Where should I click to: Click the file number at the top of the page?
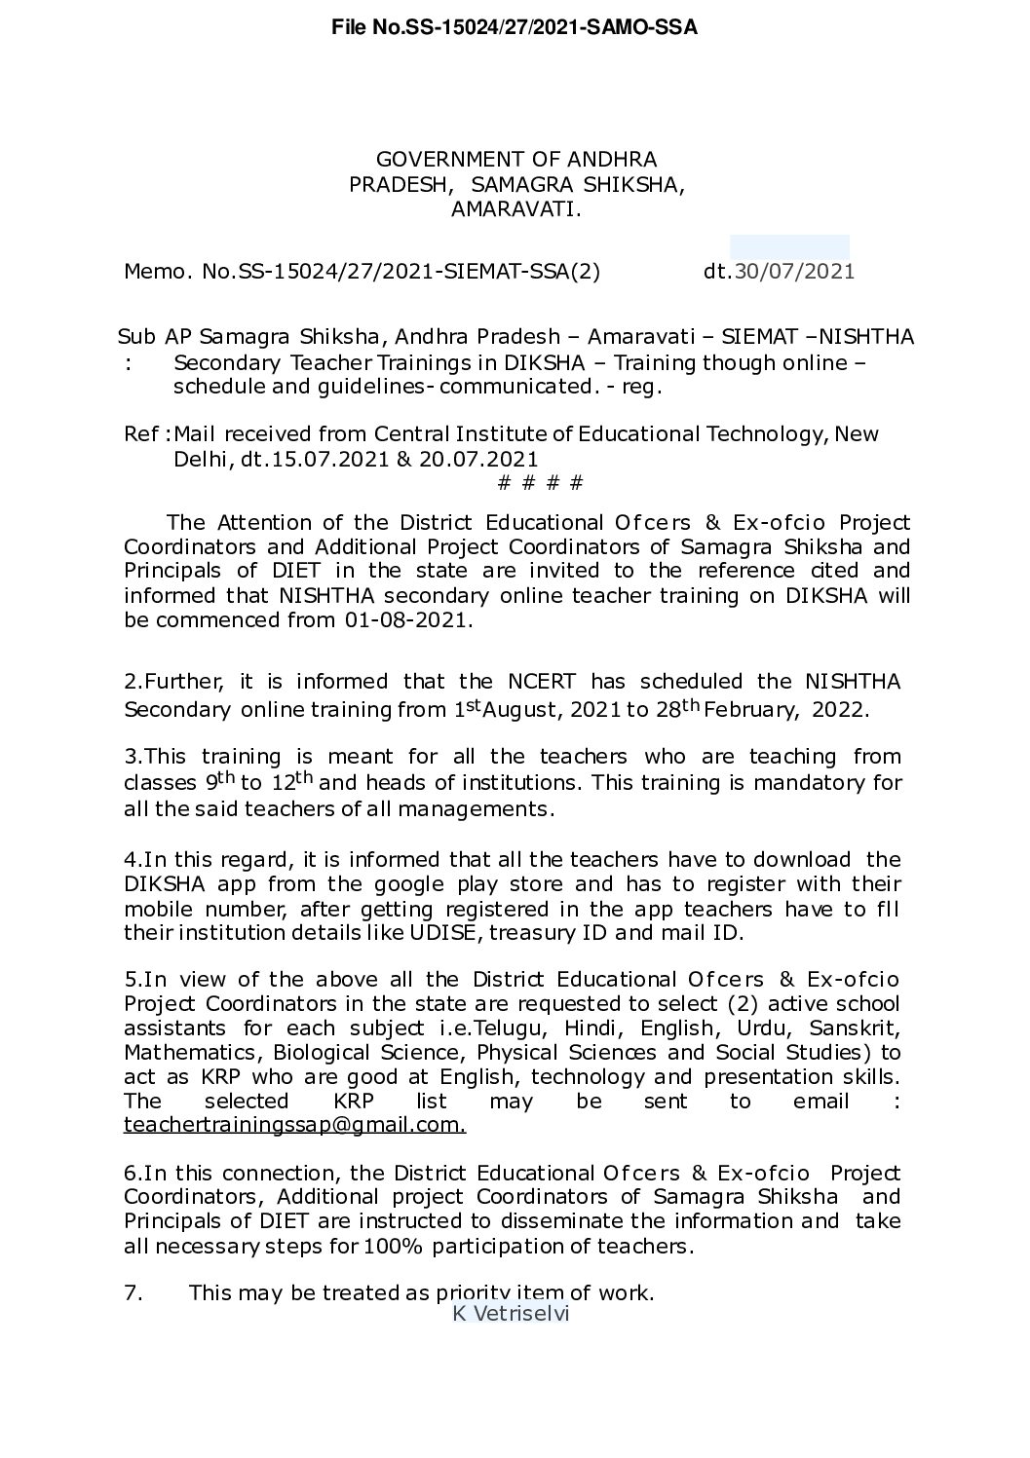515,28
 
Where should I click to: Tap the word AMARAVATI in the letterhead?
515,208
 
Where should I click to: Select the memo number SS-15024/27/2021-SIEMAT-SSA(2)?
414,271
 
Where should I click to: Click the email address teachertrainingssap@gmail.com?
294,1126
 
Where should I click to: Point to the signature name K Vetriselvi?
510,1314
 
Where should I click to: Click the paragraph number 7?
134,1293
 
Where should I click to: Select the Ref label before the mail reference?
143,433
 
